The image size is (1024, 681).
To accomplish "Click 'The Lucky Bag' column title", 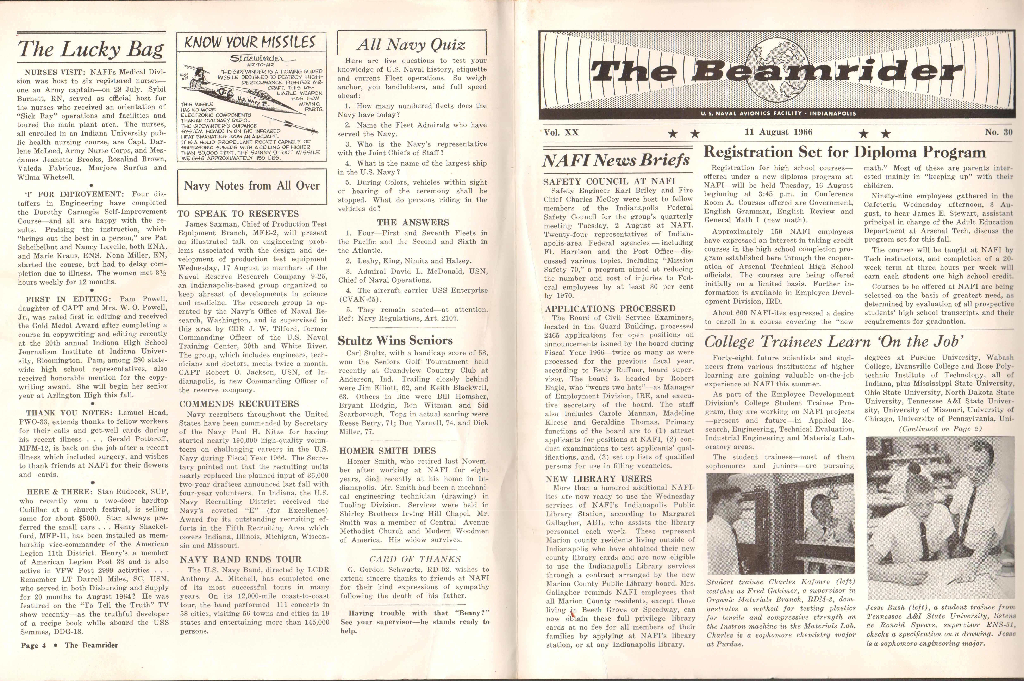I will (x=91, y=49).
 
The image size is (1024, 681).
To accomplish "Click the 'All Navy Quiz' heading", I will (x=411, y=44).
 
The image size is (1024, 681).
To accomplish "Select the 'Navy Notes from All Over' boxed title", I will (x=252, y=186).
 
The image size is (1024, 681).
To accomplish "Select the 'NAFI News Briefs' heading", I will (x=616, y=160).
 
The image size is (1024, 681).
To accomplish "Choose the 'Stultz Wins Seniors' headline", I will (x=395, y=341).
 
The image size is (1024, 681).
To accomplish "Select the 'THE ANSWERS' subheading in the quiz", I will (x=413, y=222).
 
